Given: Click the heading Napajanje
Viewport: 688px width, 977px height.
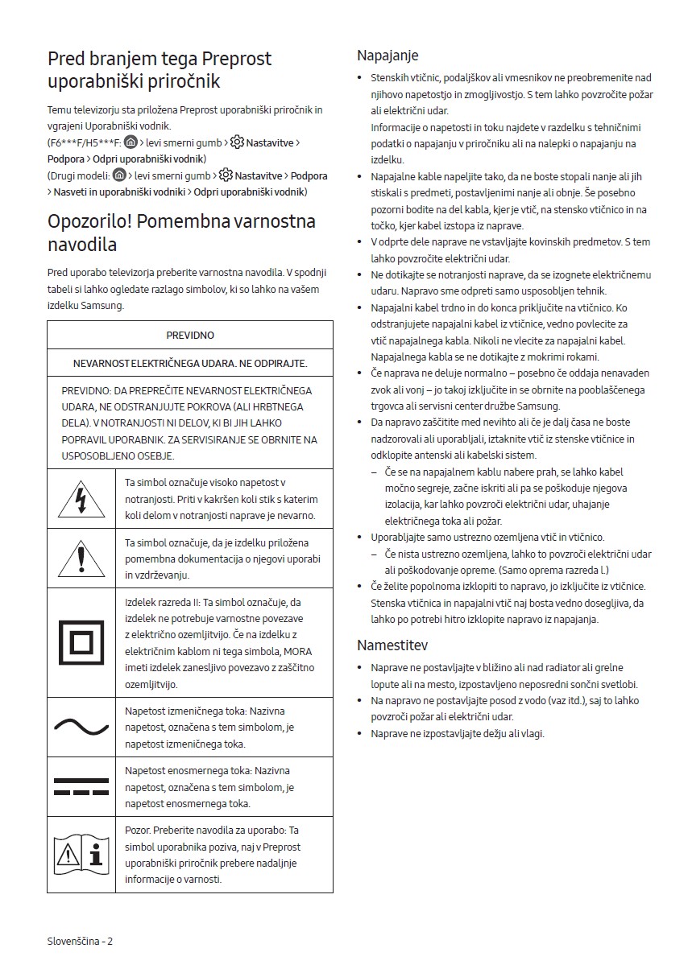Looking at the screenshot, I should click(388, 56).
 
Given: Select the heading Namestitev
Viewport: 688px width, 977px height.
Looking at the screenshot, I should click(392, 645).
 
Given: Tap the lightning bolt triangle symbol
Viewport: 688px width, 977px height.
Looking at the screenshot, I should click(81, 499).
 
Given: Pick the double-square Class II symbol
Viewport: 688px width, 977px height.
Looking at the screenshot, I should click(81, 642).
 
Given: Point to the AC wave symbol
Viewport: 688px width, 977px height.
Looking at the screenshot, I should click(81, 728).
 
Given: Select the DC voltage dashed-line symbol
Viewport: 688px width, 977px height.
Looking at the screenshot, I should click(81, 787).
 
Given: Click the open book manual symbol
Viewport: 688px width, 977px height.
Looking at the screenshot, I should click(81, 854).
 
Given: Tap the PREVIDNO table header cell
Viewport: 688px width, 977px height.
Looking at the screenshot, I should click(190, 335).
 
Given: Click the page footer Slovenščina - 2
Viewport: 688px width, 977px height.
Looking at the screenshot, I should click(80, 940).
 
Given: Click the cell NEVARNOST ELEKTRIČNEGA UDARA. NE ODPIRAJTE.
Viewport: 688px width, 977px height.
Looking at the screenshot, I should click(190, 363).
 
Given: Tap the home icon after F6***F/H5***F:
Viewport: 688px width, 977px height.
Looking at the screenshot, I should click(131, 142).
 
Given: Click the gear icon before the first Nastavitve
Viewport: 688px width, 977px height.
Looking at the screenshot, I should click(237, 142).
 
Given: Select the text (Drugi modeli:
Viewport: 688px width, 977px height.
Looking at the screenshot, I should click(78, 175).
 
